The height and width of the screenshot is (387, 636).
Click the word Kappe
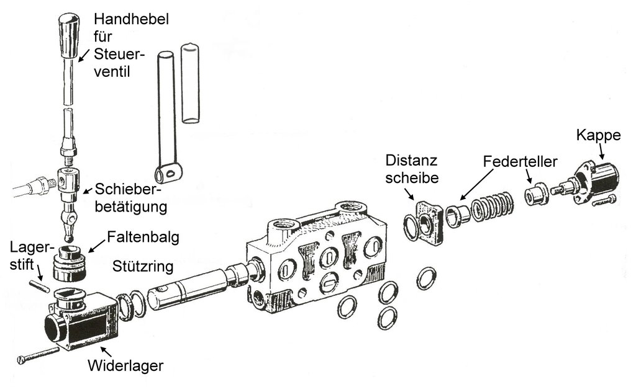coord(598,135)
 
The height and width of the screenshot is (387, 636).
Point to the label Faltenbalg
coord(139,237)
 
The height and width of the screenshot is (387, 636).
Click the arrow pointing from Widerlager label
coord(98,352)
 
